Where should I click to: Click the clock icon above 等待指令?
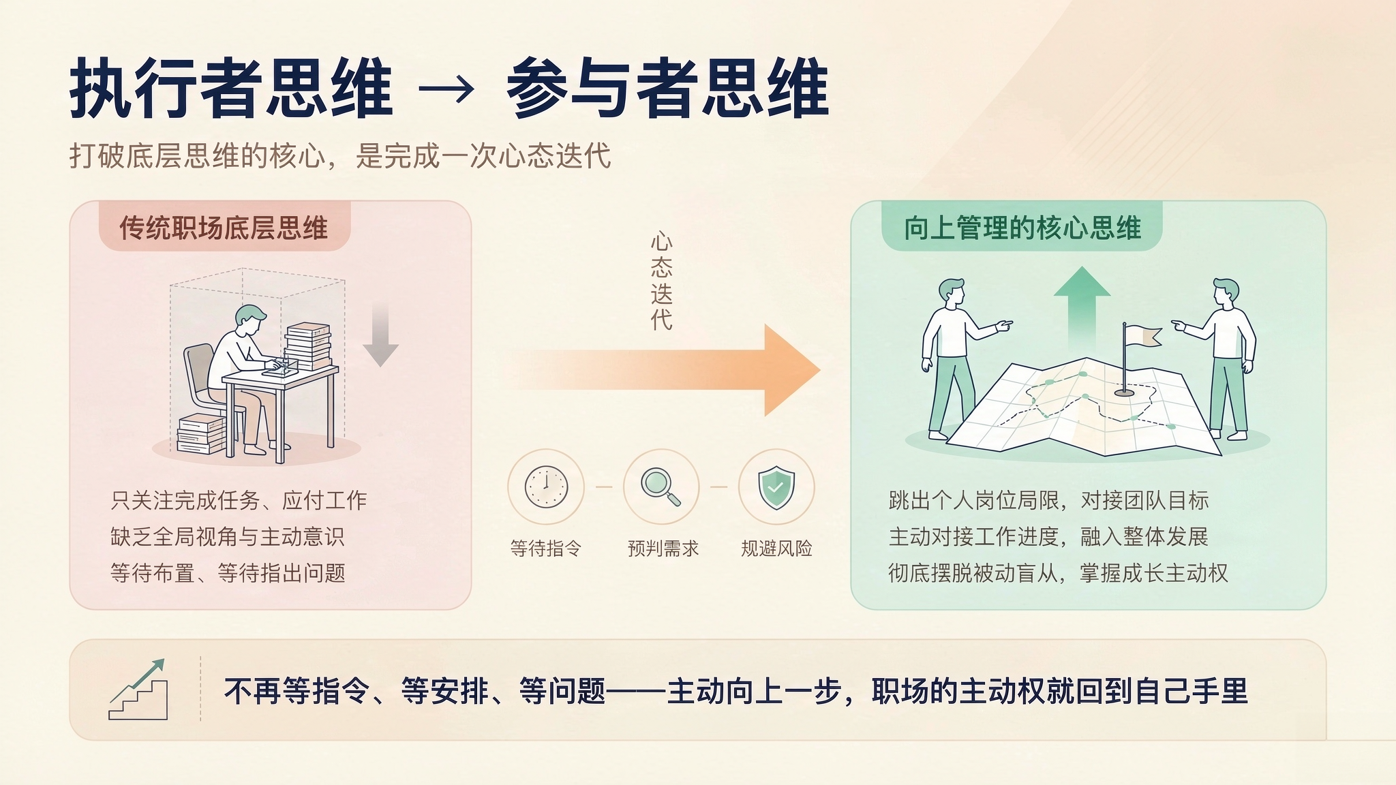coord(546,487)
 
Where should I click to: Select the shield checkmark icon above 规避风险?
coord(776,487)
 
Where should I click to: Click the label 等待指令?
coord(546,549)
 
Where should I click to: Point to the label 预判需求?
coord(663,549)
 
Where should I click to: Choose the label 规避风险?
coord(777,549)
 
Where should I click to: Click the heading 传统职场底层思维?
coord(224,228)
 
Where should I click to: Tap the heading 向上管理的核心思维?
coord(1022,228)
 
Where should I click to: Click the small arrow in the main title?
coord(446,90)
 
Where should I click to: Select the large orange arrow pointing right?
coord(665,370)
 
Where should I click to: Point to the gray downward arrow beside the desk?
coord(380,335)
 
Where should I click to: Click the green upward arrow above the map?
coord(1082,307)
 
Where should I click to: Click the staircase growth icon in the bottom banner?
coord(138,689)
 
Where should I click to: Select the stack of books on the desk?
coord(307,345)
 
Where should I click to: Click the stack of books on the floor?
coord(202,433)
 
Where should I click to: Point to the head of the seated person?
coord(249,320)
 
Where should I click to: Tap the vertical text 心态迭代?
coord(661,281)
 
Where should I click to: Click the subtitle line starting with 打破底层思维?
coord(340,156)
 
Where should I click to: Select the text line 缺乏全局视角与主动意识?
coord(228,537)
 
